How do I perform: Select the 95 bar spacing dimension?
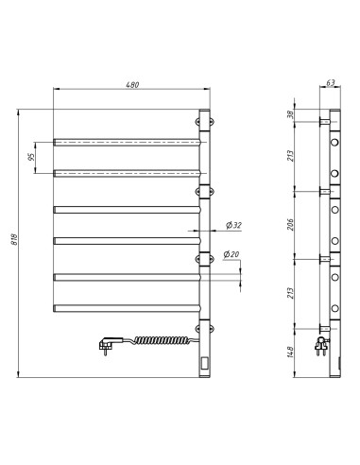click(31, 157)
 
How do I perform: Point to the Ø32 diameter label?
click(234, 225)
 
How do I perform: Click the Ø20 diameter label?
click(232, 255)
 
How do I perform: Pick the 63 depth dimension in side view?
click(331, 83)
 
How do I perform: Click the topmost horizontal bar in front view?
click(127, 141)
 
